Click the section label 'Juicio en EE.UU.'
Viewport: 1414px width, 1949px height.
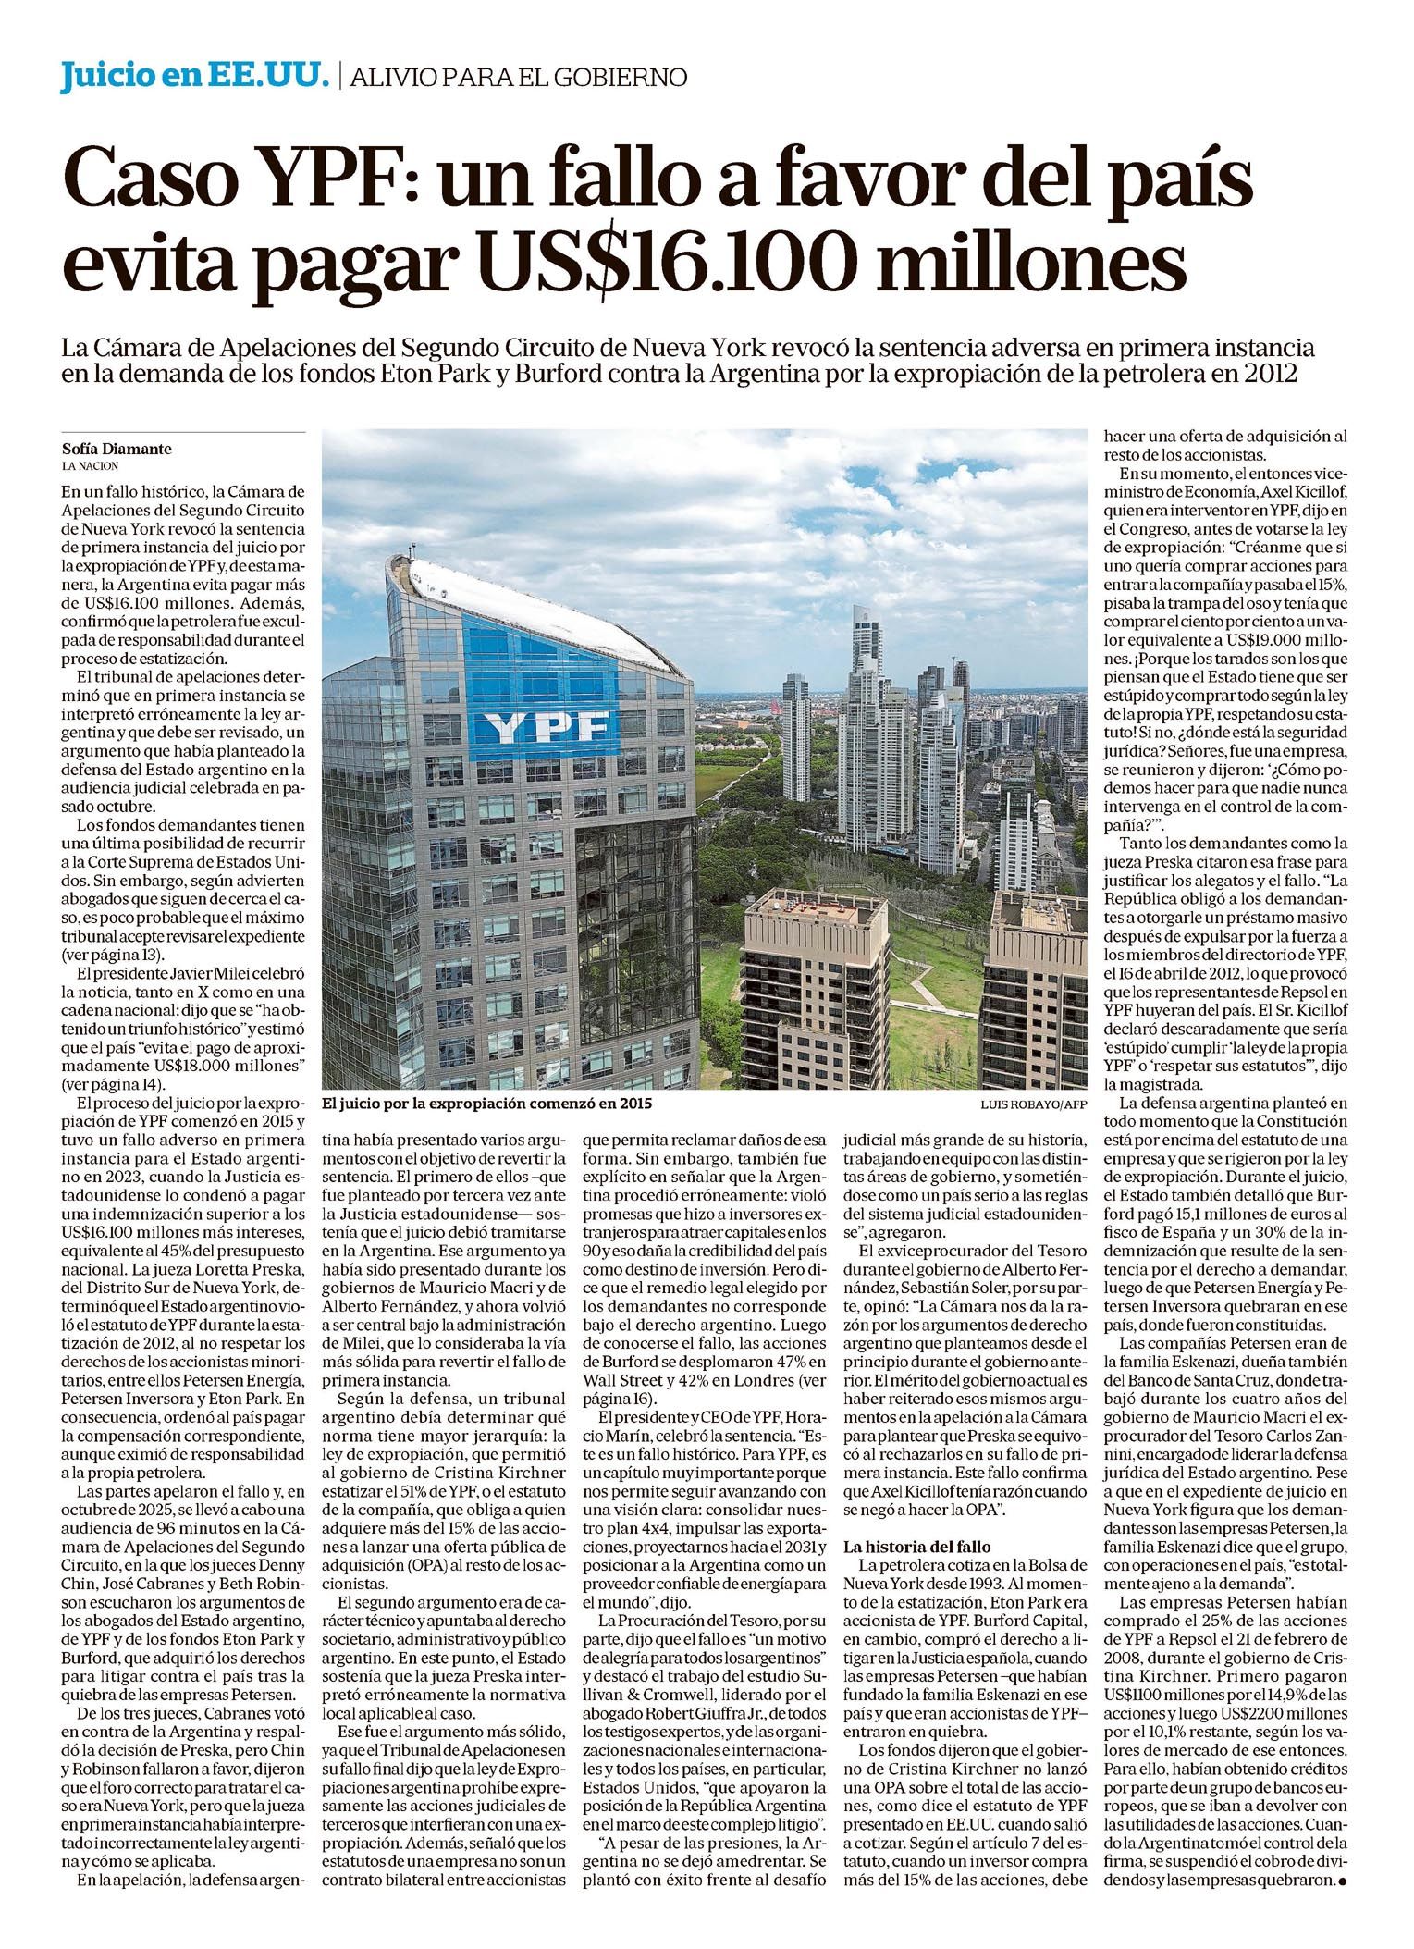(x=195, y=76)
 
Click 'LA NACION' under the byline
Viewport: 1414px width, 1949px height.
(x=91, y=466)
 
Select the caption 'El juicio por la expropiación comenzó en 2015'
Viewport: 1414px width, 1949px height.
(x=487, y=1104)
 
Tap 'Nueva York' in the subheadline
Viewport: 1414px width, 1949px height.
(x=684, y=349)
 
